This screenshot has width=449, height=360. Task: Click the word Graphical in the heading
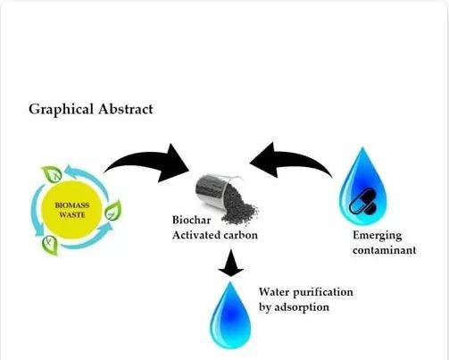point(61,110)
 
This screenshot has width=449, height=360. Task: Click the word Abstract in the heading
point(126,109)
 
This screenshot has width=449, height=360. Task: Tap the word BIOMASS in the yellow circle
point(72,205)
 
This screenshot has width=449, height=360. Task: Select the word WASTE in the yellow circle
point(72,214)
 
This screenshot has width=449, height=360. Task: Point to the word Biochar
point(192,220)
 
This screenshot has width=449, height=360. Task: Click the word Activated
point(196,235)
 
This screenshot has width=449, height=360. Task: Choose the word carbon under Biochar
point(240,235)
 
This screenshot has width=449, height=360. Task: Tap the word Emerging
point(378,236)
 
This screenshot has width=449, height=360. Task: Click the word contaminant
point(384,250)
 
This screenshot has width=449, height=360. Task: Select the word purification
point(323,292)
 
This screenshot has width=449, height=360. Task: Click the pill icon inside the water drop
point(363,202)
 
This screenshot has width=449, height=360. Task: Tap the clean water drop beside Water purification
point(230,315)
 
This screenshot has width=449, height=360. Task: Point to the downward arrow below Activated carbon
point(231,263)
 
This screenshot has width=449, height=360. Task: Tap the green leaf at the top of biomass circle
point(52,173)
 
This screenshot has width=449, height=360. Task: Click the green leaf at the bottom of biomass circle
point(50,245)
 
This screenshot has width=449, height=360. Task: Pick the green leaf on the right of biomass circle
point(112,210)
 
